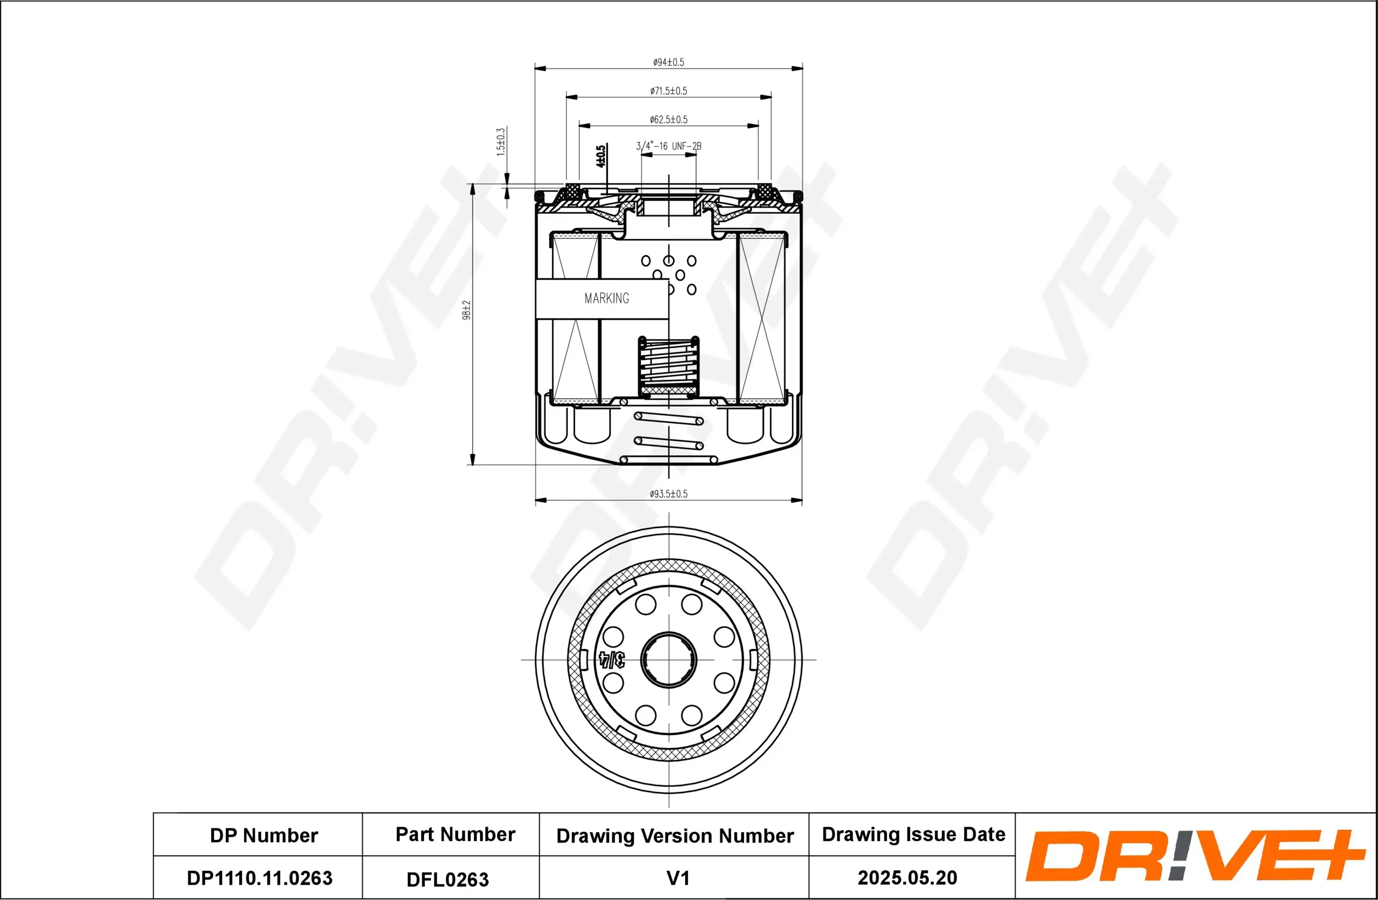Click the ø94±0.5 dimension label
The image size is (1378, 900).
pos(668,62)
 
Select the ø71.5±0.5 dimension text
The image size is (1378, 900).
pos(668,91)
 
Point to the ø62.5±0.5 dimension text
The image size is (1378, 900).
pos(668,119)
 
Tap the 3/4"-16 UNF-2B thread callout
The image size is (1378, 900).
pos(668,146)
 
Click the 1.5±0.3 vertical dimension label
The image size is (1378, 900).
pos(501,142)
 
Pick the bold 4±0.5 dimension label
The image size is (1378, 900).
pos(601,157)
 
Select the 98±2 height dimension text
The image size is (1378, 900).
pos(467,310)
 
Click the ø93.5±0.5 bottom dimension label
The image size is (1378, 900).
pos(668,494)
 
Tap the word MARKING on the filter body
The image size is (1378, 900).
pos(606,298)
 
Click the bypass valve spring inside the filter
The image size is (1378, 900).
pos(668,366)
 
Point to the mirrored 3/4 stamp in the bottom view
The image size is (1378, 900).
pos(612,659)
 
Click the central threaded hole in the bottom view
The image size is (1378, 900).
pos(669,659)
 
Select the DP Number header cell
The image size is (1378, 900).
pos(263,835)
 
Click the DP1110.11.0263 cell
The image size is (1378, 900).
pos(260,878)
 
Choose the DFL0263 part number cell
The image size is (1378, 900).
pos(448,879)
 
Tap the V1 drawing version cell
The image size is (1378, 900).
pos(677,878)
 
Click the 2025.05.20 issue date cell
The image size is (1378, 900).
pos(907,877)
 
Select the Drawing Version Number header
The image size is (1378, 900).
pos(675,836)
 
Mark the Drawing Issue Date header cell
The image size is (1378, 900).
pos(913,834)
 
